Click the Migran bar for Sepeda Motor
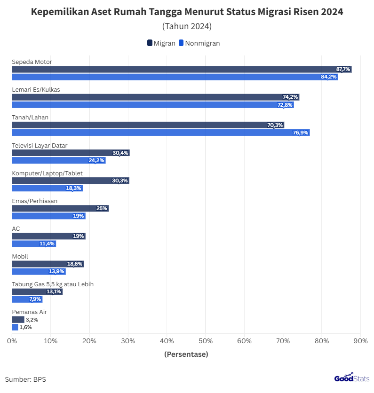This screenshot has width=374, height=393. point(182,69)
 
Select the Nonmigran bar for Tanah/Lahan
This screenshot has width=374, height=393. point(160,133)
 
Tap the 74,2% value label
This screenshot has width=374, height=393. point(290,97)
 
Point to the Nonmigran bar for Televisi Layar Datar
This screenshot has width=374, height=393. point(58,160)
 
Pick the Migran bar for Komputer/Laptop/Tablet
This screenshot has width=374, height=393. point(70,181)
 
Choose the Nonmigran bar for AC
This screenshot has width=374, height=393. point(34,244)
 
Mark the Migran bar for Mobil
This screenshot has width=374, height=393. point(48,264)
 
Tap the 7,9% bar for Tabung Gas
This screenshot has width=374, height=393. point(27,299)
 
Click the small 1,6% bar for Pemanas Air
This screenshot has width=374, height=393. point(15,327)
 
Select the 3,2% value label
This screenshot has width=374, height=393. point(32,320)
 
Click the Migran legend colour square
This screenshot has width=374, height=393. point(150,43)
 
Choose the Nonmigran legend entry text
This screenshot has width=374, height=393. point(202,43)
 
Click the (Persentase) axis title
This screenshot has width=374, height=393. point(186,354)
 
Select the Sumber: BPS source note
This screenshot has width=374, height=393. point(25,379)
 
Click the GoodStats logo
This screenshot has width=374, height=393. point(351,378)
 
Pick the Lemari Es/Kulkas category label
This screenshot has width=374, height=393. point(36,89)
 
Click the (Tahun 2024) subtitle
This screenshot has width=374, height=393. point(187,26)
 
